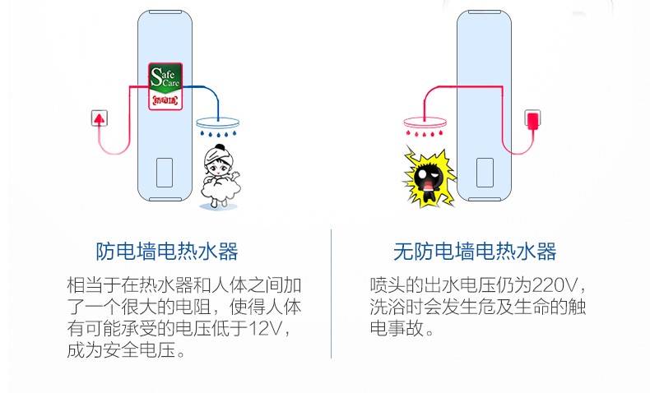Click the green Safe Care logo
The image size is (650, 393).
click(x=165, y=78)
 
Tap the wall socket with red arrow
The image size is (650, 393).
click(x=100, y=118)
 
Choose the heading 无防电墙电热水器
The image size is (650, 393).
click(x=475, y=251)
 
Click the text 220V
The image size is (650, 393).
click(x=557, y=286)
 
